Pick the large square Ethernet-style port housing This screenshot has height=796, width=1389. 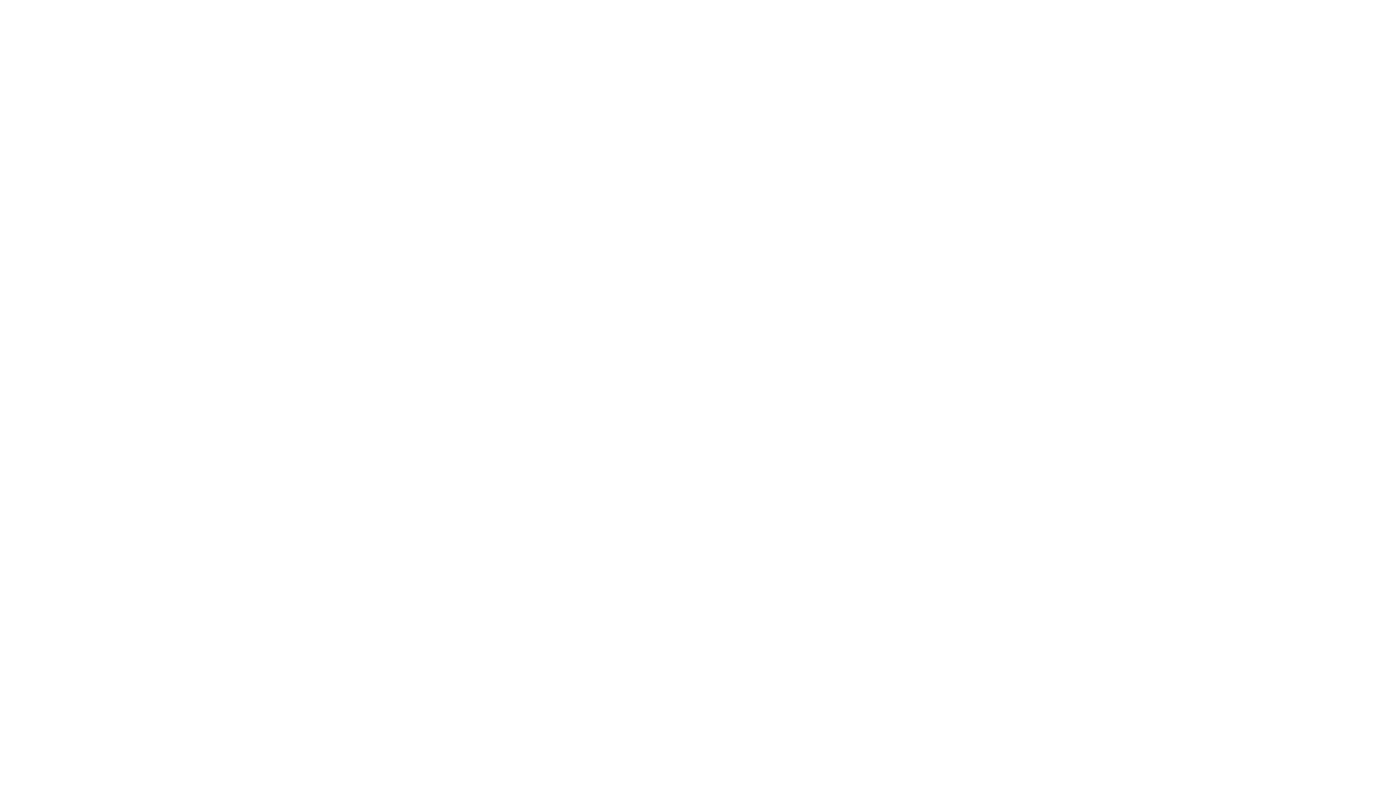[x=802, y=167]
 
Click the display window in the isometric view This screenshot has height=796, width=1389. [x=270, y=448]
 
